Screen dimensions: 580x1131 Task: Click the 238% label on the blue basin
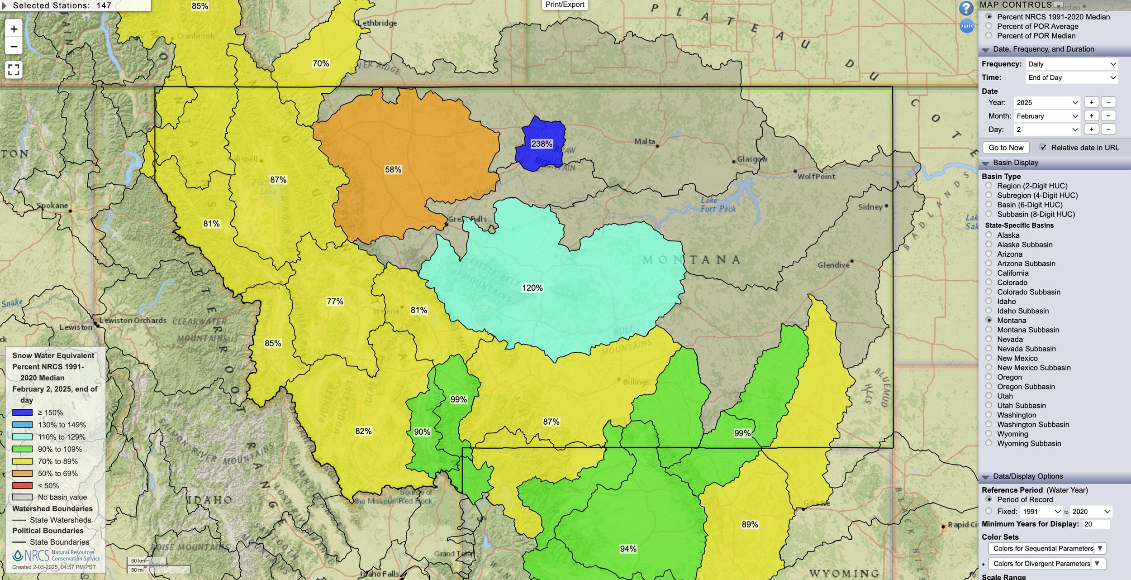click(542, 144)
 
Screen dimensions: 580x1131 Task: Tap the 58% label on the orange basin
click(393, 170)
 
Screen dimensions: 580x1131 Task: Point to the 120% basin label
click(532, 288)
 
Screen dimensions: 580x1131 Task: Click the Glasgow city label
click(752, 159)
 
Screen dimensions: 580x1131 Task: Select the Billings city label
click(636, 382)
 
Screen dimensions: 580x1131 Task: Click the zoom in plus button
click(14, 29)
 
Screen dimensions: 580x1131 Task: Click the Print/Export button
click(565, 5)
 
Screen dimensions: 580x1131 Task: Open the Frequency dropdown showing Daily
click(1071, 64)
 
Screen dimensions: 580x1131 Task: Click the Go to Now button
click(1006, 148)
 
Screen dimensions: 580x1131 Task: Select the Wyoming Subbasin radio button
click(989, 443)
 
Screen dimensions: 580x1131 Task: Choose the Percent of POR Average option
click(989, 26)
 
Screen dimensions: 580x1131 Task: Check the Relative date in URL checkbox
click(1043, 148)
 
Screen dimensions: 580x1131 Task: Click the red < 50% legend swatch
click(22, 485)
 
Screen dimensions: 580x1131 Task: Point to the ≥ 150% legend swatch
click(22, 412)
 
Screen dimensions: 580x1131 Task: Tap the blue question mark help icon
click(966, 8)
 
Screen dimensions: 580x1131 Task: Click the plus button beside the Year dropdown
click(1091, 102)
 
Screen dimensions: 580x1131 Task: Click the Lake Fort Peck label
click(718, 205)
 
